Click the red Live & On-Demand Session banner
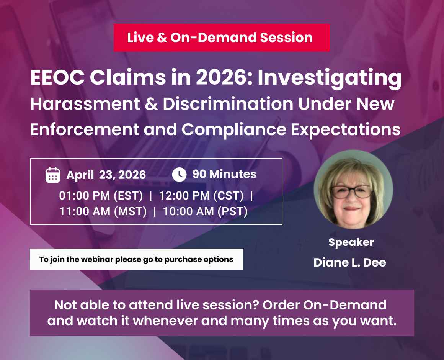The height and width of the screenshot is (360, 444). (221, 38)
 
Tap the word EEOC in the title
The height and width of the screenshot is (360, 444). (57, 79)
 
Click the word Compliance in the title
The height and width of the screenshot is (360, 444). (234, 129)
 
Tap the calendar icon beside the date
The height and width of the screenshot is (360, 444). (53, 175)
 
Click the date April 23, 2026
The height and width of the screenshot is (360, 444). (106, 175)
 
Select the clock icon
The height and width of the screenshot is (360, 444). (179, 175)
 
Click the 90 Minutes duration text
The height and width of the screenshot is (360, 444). (224, 174)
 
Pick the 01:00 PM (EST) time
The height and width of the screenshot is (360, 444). (101, 196)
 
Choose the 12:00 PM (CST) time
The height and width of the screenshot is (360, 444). (201, 196)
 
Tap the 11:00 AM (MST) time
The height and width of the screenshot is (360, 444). (103, 211)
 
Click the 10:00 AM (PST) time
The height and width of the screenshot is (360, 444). (205, 211)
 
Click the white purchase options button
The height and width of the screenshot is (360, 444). (136, 259)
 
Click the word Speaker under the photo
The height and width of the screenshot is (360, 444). (351, 242)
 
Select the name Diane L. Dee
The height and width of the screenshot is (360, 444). (349, 262)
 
